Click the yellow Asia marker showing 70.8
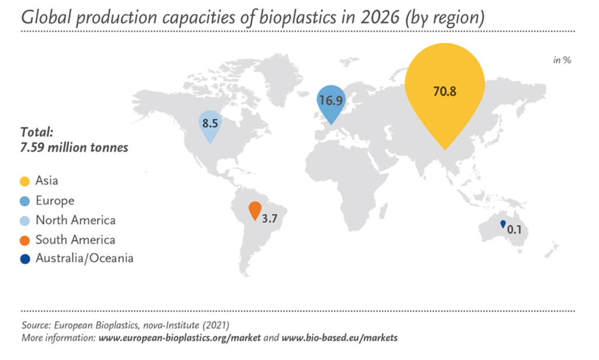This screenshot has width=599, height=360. pyautogui.click(x=445, y=92)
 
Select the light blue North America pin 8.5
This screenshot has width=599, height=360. pyautogui.click(x=210, y=125)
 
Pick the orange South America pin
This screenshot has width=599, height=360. pyautogui.click(x=255, y=210)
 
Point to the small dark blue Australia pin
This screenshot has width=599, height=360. pyautogui.click(x=503, y=224)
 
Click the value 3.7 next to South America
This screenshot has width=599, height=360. pyautogui.click(x=270, y=218)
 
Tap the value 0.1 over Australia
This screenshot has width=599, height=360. pyautogui.click(x=514, y=229)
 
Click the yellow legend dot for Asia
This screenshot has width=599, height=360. pyautogui.click(x=25, y=181)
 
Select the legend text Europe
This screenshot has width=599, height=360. pyautogui.click(x=55, y=201)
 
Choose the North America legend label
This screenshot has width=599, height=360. pyautogui.click(x=75, y=220)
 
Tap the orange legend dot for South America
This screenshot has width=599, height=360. pyautogui.click(x=25, y=241)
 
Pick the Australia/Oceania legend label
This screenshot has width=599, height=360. pyautogui.click(x=84, y=258)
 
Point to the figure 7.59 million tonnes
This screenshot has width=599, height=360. pyautogui.click(x=74, y=148)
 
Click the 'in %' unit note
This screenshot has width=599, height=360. pyautogui.click(x=562, y=60)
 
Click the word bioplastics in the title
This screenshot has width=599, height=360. pyautogui.click(x=298, y=18)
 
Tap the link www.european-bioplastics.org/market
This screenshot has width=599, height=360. pyautogui.click(x=180, y=338)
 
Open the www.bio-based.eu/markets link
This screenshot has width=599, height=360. pyautogui.click(x=340, y=338)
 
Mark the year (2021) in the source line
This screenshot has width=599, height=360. pyautogui.click(x=216, y=325)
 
